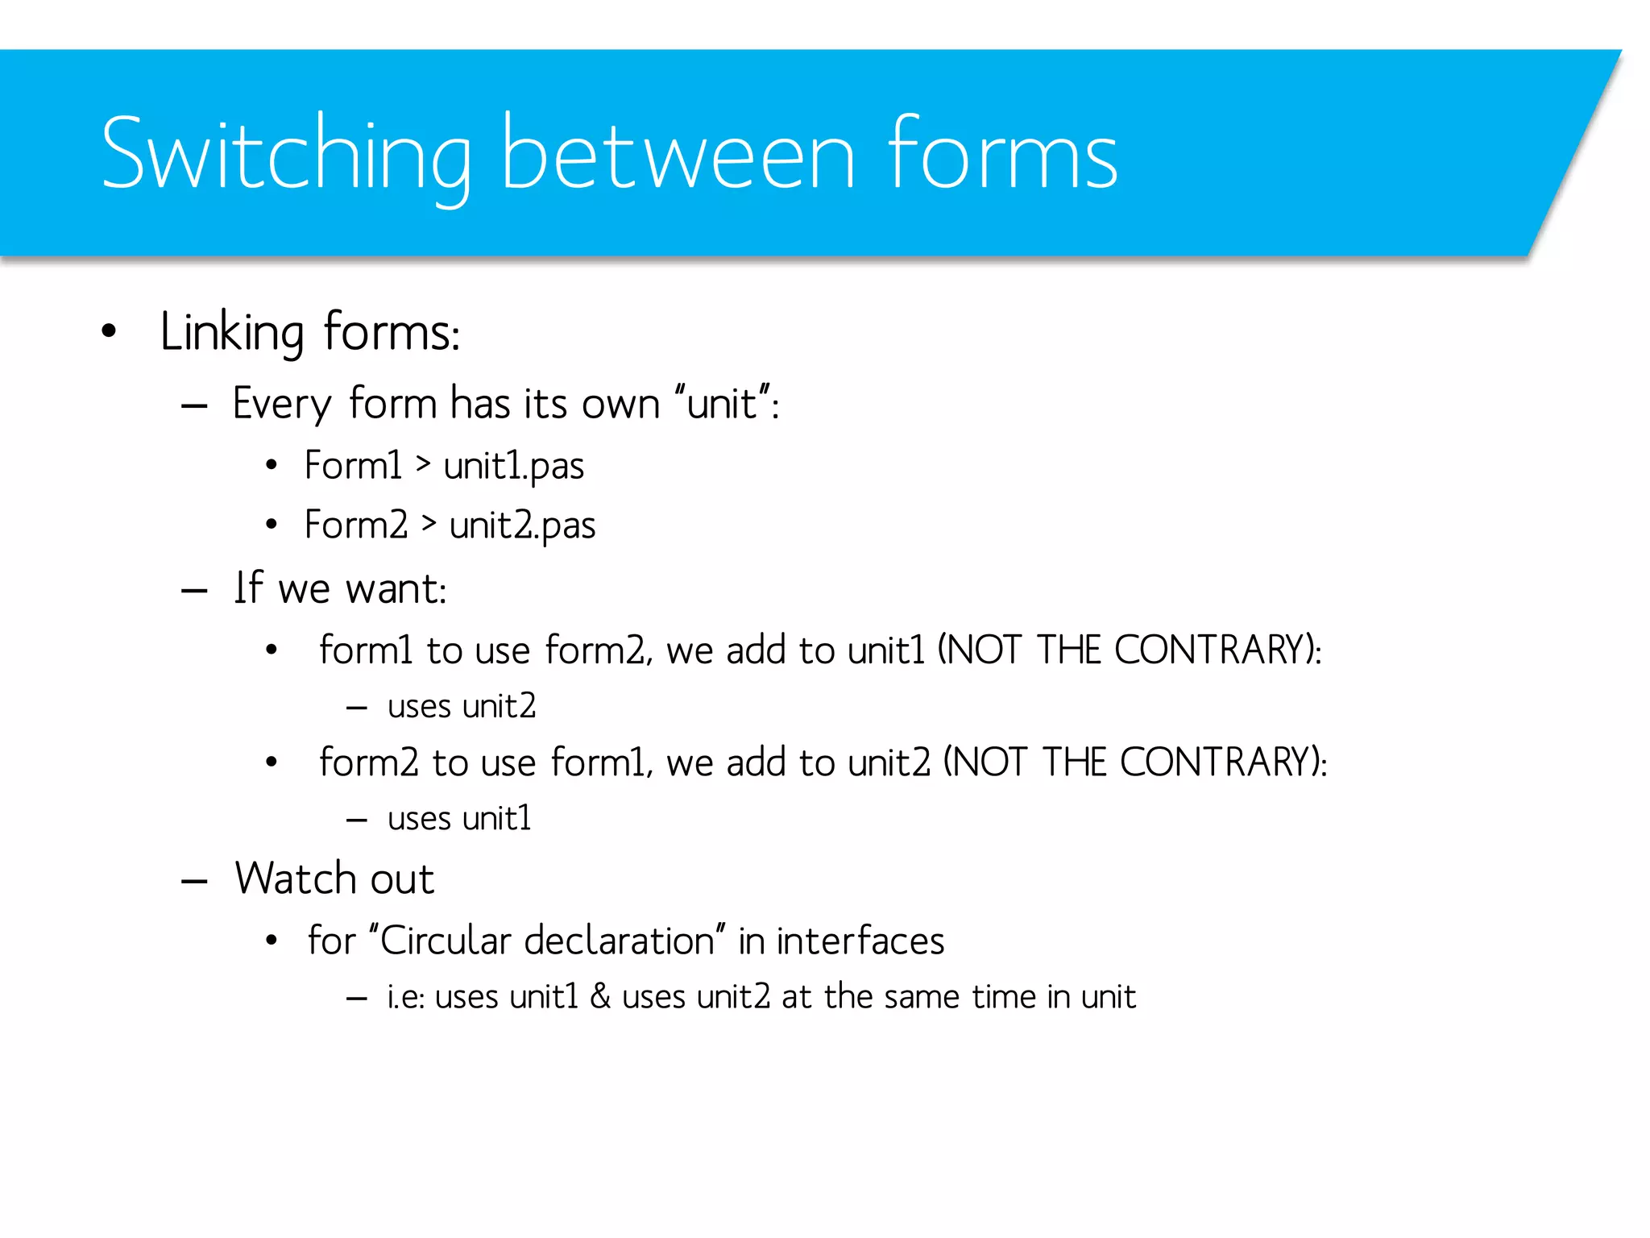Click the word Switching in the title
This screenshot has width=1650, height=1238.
point(286,155)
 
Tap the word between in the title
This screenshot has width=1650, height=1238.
point(677,155)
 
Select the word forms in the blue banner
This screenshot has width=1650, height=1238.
point(1003,155)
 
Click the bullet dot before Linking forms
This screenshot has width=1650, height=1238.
point(110,331)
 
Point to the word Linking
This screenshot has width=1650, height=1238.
point(232,332)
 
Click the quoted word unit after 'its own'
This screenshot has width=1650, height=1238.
point(723,403)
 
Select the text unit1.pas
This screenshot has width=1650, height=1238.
point(513,466)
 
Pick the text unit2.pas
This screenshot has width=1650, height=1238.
point(522,526)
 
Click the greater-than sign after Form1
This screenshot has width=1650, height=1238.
point(423,464)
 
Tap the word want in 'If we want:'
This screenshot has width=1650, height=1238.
point(395,588)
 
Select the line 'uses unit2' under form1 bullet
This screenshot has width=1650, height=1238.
point(461,707)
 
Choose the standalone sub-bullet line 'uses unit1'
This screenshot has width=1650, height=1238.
point(459,819)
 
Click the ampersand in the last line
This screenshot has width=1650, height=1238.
point(600,997)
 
